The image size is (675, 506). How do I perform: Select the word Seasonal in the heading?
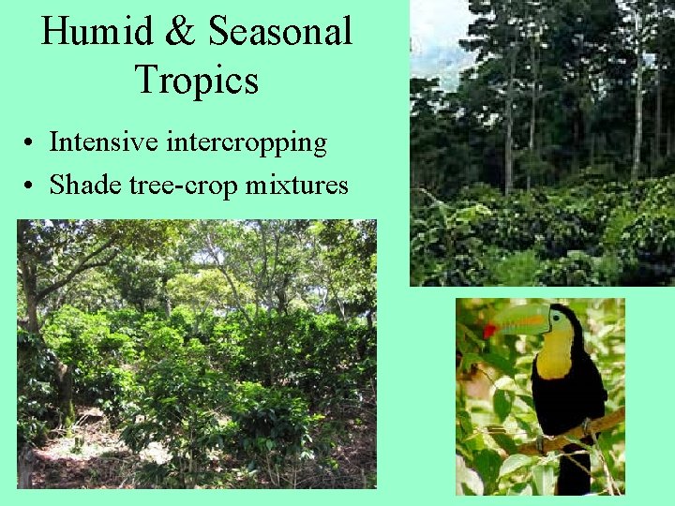280,32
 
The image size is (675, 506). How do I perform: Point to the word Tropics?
196,79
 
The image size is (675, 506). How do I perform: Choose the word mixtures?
296,185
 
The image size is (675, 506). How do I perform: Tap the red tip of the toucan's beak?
489,331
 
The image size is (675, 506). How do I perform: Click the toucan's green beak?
521,320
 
